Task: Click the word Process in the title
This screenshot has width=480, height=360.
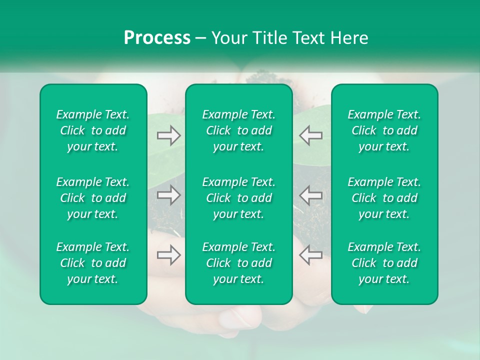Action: point(157,38)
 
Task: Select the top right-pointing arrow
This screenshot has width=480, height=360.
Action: point(168,135)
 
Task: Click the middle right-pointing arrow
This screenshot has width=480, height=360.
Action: point(168,194)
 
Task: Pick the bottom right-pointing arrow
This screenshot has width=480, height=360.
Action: point(168,254)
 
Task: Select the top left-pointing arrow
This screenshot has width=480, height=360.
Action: point(310,135)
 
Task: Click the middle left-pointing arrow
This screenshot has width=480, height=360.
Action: point(310,194)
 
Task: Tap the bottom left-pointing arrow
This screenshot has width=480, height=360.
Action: point(310,254)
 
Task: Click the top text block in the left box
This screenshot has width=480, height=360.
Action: point(93,130)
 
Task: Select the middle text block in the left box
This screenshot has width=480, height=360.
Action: point(93,198)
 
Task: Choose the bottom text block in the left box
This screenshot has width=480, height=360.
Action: point(93,263)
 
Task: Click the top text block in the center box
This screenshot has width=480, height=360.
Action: point(238,130)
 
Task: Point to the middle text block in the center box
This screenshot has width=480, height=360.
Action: point(238,198)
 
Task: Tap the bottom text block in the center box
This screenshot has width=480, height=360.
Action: point(238,263)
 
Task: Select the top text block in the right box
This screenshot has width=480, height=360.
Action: point(384,130)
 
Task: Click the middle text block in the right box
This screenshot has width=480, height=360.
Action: point(384,198)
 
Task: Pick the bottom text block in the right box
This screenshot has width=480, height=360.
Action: point(384,263)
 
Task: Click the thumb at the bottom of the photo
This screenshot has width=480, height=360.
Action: point(240,317)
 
